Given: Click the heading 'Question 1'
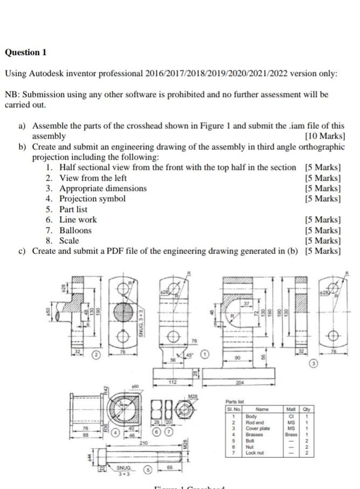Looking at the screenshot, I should point(26,52).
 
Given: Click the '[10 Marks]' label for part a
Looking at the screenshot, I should point(324,136).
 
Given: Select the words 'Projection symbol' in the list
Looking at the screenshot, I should point(92,198).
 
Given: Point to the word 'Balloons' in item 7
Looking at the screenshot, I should point(75,230).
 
